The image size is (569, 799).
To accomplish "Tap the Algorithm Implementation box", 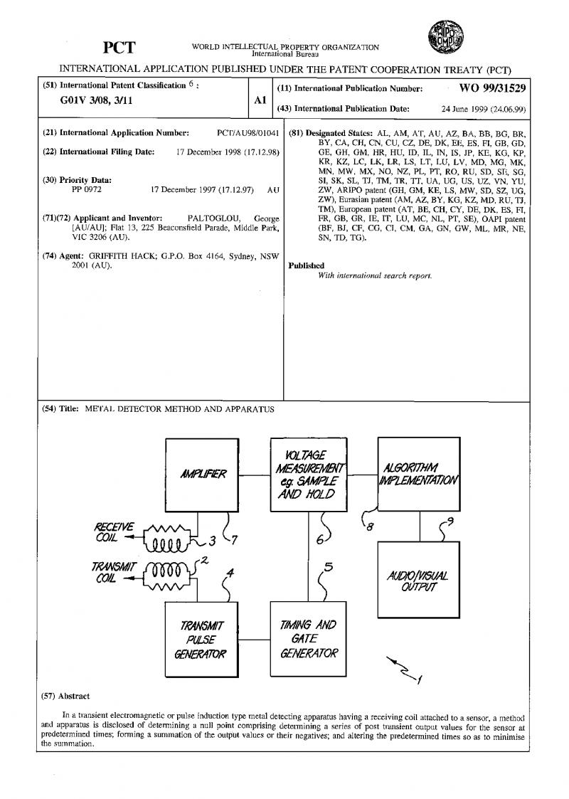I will coord(419,475).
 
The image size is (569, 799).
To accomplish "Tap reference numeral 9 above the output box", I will coord(450,522).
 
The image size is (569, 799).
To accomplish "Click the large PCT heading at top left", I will coord(119,48).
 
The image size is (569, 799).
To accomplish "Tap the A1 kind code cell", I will coord(260,102).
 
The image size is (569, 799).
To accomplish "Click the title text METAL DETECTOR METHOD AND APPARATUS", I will coord(179,409).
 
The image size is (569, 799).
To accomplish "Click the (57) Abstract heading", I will coord(66,696).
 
